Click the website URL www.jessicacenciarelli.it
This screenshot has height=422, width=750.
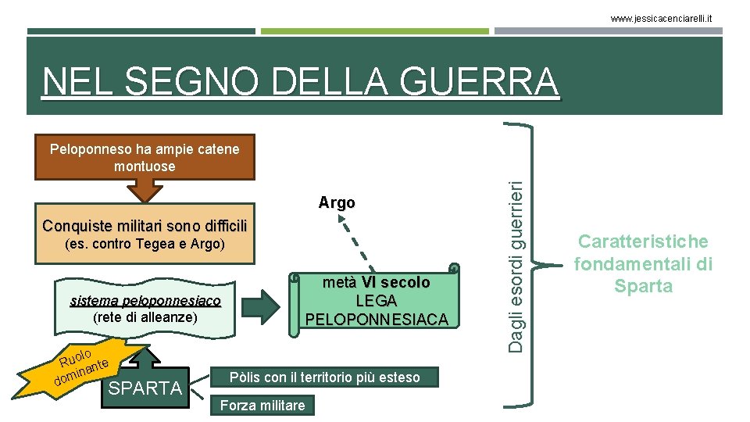pos(672,18)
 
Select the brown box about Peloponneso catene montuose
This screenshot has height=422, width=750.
pos(145,157)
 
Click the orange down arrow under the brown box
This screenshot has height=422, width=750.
pos(144,190)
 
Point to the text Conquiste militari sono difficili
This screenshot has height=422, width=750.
pos(145,226)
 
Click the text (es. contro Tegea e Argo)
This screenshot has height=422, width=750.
pos(144,245)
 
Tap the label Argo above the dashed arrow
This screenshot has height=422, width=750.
pos(337,203)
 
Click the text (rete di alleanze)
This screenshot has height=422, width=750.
pos(145,318)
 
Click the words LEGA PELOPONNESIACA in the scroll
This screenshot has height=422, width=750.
pos(377,310)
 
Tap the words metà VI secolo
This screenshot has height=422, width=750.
pos(377,282)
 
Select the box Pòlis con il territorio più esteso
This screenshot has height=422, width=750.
pos(324,377)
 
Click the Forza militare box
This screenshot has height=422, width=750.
pos(262,405)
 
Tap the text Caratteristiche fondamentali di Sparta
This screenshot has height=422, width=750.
pos(644,263)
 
